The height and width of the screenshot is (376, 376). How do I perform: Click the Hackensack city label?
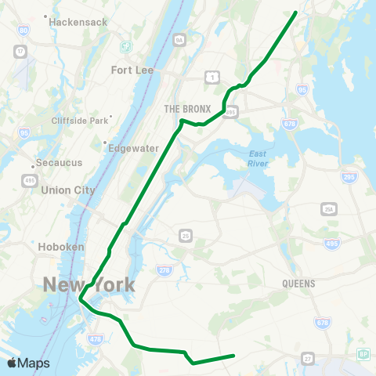point(78,22)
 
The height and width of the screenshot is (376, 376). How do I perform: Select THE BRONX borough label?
point(184,108)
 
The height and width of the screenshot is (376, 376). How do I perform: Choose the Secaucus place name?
point(60,165)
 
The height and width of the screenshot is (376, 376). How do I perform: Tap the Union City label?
point(67,190)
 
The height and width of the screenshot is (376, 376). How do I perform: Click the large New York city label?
point(88,284)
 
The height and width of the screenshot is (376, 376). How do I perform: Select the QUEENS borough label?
point(298,284)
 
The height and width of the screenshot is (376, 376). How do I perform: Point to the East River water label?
point(258,158)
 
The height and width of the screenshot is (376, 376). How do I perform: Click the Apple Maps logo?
point(29,363)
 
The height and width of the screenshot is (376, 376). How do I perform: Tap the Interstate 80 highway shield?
point(23,31)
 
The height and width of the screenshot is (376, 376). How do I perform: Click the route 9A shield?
point(179,39)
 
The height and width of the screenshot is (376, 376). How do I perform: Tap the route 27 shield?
point(308,357)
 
